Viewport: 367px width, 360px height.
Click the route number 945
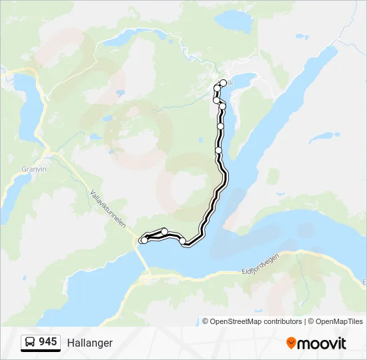tap(47, 342)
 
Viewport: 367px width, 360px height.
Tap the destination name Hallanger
tap(90, 343)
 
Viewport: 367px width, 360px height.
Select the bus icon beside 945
tap(30, 343)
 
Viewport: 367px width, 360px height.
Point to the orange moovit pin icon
tap(291, 343)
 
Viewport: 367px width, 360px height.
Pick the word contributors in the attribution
tap(284, 321)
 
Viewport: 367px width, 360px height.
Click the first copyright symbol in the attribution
tap(206, 321)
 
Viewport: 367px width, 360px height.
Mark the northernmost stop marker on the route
tap(223, 83)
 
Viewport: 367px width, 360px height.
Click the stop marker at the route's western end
tap(142, 240)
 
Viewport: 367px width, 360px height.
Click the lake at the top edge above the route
tap(234, 22)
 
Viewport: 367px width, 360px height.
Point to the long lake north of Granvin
tap(27, 107)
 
